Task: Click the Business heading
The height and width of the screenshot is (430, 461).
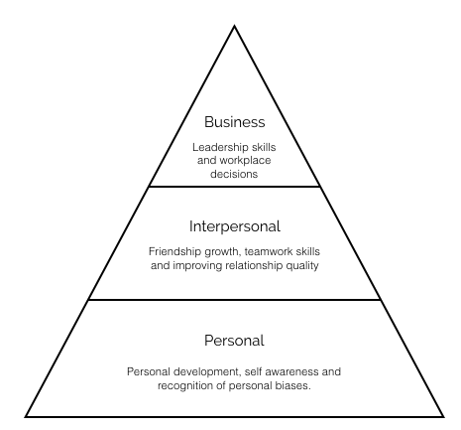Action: pos(235,122)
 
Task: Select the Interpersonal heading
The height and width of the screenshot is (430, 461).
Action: pos(235,226)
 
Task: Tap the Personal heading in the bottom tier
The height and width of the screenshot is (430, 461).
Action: pos(234,341)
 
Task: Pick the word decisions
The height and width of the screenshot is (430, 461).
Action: pos(234,174)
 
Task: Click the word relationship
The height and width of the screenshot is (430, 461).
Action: pos(254,266)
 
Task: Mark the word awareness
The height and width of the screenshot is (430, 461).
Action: pos(291,371)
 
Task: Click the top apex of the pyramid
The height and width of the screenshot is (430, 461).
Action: pos(234,26)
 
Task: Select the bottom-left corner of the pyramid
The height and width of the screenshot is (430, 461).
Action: pos(26,416)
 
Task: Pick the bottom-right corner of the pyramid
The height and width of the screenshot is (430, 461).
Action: pos(443,416)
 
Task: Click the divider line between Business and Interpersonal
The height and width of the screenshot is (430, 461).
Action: pos(235,187)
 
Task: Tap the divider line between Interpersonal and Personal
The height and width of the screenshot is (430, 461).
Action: pos(235,300)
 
